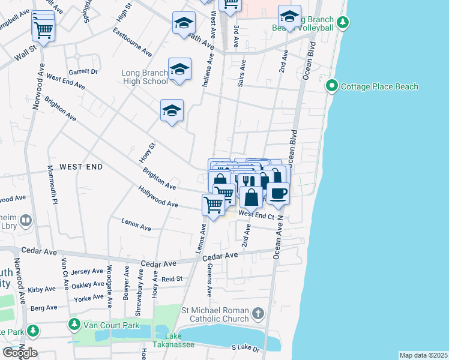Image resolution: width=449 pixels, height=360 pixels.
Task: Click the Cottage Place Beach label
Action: pyautogui.click(x=379, y=87)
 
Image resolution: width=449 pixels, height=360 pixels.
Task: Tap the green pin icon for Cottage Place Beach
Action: pyautogui.click(x=331, y=87)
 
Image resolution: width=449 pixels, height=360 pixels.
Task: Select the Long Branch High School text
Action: pyautogui.click(x=145, y=77)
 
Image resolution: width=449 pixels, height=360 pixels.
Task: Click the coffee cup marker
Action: pyautogui.click(x=277, y=194)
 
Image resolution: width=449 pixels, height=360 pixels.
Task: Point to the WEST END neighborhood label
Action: pyautogui.click(x=81, y=166)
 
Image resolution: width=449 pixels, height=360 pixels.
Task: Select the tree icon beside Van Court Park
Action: pyautogui.click(x=74, y=325)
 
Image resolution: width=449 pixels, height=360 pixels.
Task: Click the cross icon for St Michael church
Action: pyautogui.click(x=258, y=313)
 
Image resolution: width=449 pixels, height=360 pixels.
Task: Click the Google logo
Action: pyautogui.click(x=20, y=352)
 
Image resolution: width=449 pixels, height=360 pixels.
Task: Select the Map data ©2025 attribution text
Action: pyautogui.click(x=423, y=355)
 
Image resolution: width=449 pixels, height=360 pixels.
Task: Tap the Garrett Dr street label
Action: pyautogui.click(x=83, y=71)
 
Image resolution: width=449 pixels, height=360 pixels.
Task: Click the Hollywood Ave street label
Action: pyautogui.click(x=158, y=200)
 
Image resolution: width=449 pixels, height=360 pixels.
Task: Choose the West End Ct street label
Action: pyautogui.click(x=256, y=214)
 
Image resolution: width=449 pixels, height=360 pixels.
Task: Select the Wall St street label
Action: pyautogui.click(x=26, y=56)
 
